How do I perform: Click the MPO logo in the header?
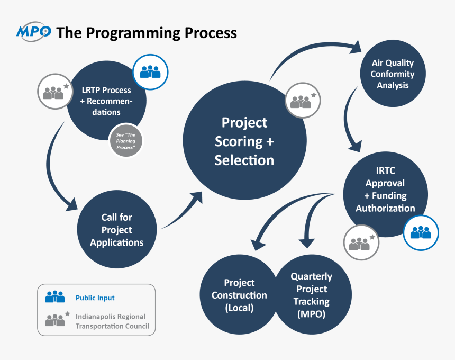tap(34, 32)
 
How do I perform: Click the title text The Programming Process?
tap(147, 33)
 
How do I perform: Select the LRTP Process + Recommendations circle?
tap(101, 101)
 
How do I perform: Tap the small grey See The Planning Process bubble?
tap(126, 140)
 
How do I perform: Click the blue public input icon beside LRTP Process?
tap(150, 72)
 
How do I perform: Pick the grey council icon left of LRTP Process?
tap(55, 92)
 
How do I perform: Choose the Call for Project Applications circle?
tap(116, 230)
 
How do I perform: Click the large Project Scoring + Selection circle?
tap(244, 141)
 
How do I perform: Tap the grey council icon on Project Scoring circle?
tap(303, 100)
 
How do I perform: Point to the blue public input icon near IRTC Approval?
tap(421, 232)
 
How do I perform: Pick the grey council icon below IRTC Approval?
tap(361, 242)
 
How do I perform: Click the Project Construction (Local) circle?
tap(239, 295)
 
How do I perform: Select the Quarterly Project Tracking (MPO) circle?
tap(312, 295)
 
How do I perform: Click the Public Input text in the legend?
tap(95, 298)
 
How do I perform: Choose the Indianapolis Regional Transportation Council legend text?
tap(112, 321)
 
